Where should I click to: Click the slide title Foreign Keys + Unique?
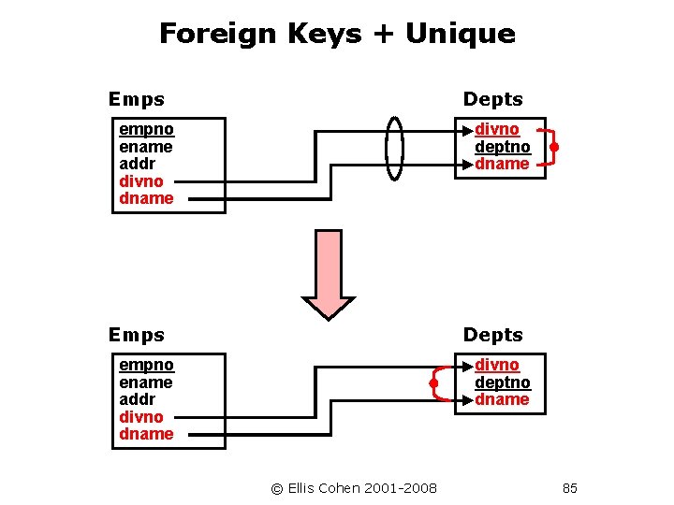[337, 34]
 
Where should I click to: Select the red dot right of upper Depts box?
[554, 147]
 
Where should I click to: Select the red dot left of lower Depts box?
[434, 382]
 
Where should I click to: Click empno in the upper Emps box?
[146, 129]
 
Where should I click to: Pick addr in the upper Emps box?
[139, 164]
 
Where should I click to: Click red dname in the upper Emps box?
[146, 198]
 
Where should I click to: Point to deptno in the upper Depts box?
[503, 147]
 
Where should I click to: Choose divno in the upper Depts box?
[497, 129]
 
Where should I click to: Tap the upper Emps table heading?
[137, 99]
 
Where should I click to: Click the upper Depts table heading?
[493, 99]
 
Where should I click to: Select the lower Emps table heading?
[137, 335]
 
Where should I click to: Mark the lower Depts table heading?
[493, 335]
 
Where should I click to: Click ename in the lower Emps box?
[146, 382]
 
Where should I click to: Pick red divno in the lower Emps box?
[141, 417]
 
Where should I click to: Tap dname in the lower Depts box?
[503, 399]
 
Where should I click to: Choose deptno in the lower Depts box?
[503, 382]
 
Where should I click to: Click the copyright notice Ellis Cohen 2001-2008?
[354, 488]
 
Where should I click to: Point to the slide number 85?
[570, 488]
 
